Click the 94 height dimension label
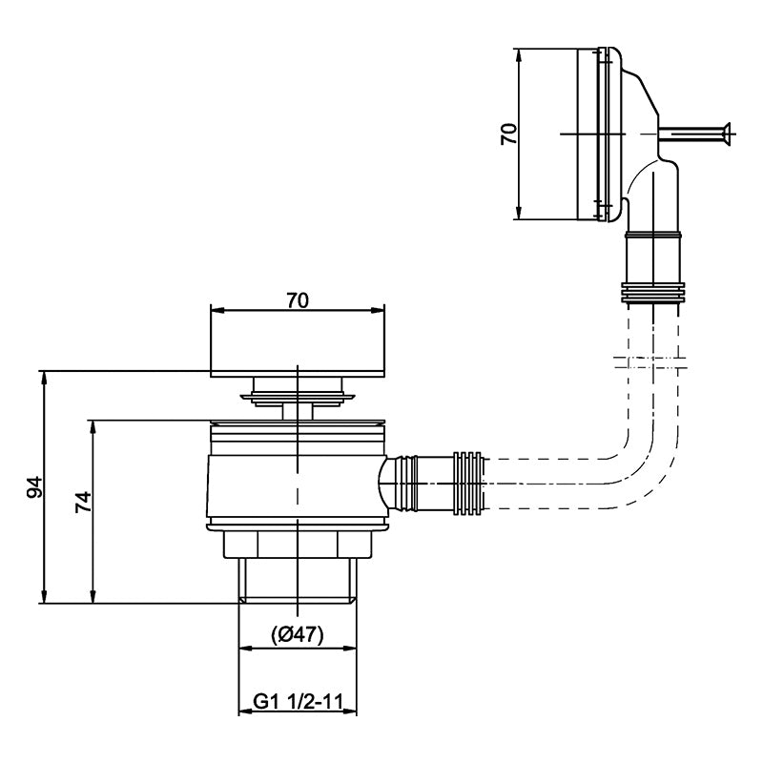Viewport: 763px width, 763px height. pyautogui.click(x=34, y=486)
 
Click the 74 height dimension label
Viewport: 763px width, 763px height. pyautogui.click(x=83, y=503)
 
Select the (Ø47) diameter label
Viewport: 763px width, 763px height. pyautogui.click(x=297, y=634)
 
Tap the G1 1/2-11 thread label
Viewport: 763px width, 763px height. pyautogui.click(x=298, y=702)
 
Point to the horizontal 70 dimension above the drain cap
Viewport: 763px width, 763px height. pyautogui.click(x=298, y=300)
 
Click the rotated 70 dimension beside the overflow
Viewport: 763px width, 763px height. pyautogui.click(x=509, y=134)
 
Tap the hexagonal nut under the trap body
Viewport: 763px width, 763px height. pyautogui.click(x=298, y=544)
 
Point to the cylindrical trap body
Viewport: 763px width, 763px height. pyautogui.click(x=298, y=486)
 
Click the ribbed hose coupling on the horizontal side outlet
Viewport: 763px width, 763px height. pyautogui.click(x=468, y=484)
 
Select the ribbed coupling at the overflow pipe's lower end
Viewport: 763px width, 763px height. pyautogui.click(x=653, y=294)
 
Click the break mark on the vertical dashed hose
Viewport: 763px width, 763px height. pyautogui.click(x=650, y=362)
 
